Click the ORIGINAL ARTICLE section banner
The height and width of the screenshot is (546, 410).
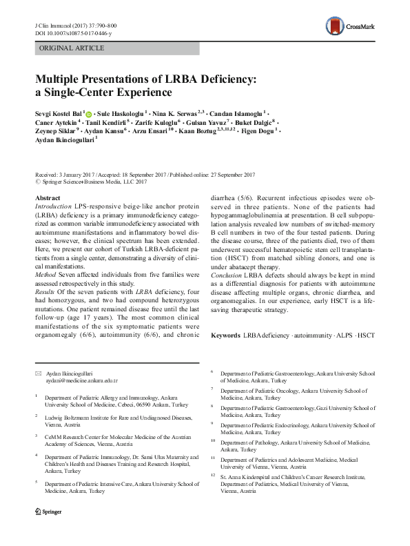(x=72, y=48)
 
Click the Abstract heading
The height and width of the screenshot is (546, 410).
(x=47, y=198)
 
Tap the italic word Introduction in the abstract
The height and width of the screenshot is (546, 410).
(x=52, y=207)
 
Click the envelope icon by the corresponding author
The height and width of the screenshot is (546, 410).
(x=38, y=372)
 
